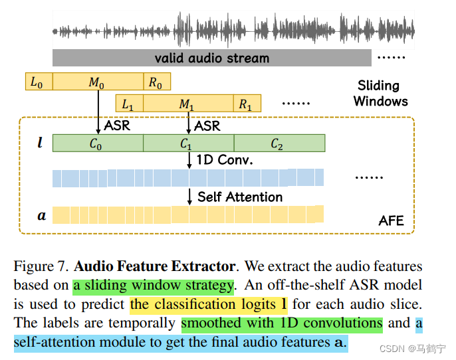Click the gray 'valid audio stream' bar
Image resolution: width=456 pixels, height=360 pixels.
coord(211,58)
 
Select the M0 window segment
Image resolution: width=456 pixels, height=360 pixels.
coord(98,82)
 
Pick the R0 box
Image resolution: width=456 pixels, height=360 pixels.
coord(157,82)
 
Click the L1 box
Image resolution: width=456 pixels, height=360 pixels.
coord(129,104)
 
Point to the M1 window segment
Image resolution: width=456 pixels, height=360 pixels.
coord(187,104)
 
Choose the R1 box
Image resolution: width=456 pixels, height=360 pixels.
coord(246,104)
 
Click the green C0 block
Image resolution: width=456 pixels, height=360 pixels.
coord(98,143)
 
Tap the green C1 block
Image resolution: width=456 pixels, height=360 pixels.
coord(188,143)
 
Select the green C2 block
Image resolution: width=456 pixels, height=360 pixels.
coord(279,143)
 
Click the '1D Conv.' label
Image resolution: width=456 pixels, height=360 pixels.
coord(225,161)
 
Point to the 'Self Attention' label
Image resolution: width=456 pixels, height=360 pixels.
coord(239,197)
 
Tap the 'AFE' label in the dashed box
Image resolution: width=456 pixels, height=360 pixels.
coord(391,221)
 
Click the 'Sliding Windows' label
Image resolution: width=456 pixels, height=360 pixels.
coord(380,93)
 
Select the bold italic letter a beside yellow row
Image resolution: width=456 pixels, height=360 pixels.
coord(41,215)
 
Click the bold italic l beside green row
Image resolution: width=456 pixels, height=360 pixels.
coord(41,143)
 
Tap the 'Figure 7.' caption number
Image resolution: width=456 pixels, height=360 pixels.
coord(41,267)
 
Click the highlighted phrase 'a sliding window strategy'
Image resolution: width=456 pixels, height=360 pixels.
coord(154,286)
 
